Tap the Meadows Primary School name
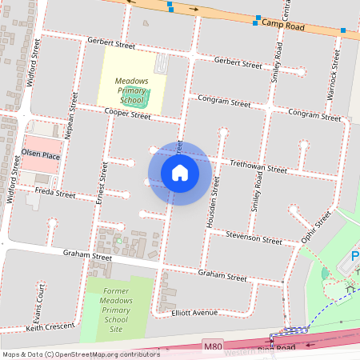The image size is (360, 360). click(x=131, y=91)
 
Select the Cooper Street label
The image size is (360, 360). click(x=129, y=115)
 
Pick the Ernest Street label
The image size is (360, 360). click(x=102, y=182)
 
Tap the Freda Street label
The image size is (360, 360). click(x=55, y=194)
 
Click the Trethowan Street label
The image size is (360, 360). click(x=258, y=168)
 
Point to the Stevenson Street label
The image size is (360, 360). click(x=254, y=238)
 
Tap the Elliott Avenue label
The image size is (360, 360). click(x=195, y=313)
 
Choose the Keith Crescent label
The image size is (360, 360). click(x=50, y=327)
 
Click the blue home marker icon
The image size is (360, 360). click(x=180, y=173)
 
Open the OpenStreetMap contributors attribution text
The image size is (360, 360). click(x=80, y=354)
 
